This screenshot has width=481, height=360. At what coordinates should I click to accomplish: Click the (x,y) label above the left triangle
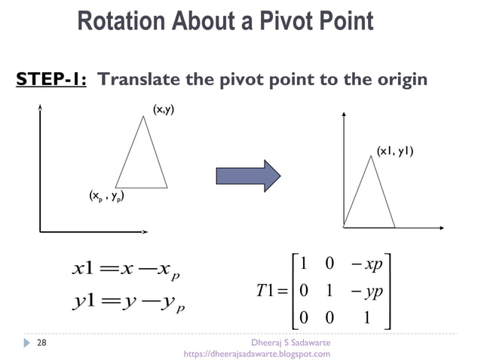click(164, 111)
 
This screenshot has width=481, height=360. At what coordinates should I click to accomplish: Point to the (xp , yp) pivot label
click(106, 198)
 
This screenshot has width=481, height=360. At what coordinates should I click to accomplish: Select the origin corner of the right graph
click(344, 225)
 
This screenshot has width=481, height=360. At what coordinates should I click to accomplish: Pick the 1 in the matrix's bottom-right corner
click(366, 317)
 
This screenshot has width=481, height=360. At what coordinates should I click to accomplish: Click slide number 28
click(41, 343)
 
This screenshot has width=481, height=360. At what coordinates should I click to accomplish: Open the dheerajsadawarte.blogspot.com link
click(257, 354)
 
